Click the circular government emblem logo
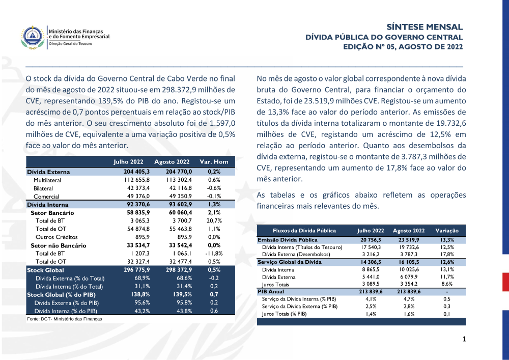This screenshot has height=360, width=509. (x=33, y=37)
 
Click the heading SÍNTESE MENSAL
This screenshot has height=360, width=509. (x=425, y=27)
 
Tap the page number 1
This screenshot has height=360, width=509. (x=464, y=339)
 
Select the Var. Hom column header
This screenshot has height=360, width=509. (x=214, y=162)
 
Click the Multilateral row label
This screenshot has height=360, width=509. (x=47, y=180)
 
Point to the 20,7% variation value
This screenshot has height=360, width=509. (x=214, y=221)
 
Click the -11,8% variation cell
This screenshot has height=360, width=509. (x=214, y=254)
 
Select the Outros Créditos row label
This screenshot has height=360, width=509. (x=57, y=237)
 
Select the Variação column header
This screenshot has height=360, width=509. (x=446, y=231)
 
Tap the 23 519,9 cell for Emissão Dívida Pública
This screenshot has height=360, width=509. (x=405, y=239)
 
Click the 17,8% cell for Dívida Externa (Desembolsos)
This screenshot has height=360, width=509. (x=446, y=254)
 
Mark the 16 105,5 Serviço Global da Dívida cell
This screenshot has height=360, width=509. (x=405, y=262)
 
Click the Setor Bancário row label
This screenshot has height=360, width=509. (x=52, y=213)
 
